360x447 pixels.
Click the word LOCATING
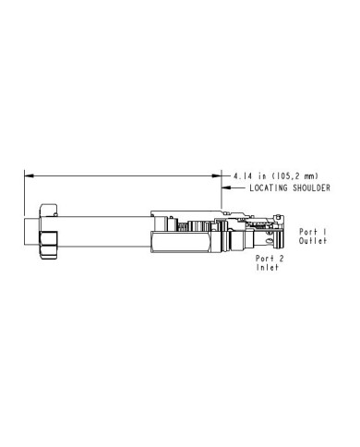tap(269, 187)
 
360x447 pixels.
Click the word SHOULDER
tap(311, 187)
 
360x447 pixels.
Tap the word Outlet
tap(313, 241)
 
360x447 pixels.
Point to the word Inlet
tap(268, 267)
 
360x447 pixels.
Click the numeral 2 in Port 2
tap(281, 259)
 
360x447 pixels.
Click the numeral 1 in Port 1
tap(324, 232)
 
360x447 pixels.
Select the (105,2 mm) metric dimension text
tap(294, 176)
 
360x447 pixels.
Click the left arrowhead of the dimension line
tap(29, 175)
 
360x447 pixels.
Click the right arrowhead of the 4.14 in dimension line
tap(217, 175)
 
